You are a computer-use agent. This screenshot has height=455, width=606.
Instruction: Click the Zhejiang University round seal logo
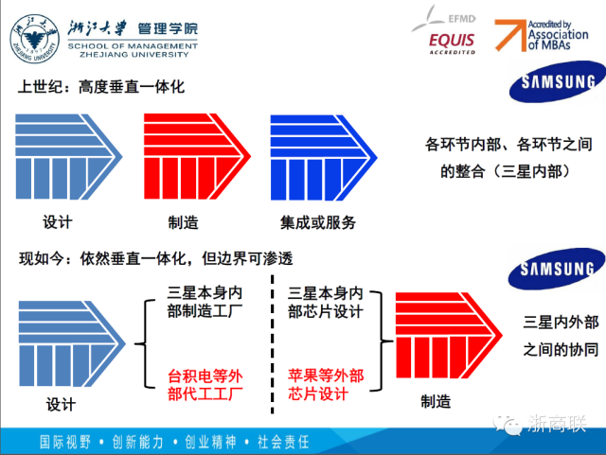35,39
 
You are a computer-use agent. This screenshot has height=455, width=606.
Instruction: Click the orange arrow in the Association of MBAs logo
510,35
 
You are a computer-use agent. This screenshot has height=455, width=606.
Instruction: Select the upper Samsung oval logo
558,81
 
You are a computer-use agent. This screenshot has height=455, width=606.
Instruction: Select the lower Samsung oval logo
557,269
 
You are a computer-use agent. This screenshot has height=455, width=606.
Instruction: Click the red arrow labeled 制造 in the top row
197,156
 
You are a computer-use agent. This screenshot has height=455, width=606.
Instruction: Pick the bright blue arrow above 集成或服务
324,158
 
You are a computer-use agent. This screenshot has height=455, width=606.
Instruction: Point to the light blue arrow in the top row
69,156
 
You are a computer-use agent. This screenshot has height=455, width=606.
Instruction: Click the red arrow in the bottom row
449,335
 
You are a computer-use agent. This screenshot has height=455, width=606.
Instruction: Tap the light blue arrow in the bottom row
72,343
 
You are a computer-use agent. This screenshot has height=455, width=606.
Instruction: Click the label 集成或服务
318,222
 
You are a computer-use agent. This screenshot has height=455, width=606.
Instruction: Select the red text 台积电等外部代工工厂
205,385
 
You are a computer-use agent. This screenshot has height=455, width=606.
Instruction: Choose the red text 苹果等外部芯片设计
326,385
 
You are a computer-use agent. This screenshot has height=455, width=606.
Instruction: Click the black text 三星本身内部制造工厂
205,302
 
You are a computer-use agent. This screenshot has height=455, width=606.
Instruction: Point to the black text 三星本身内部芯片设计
326,302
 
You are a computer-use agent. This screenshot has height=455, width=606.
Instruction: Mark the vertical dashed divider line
273,344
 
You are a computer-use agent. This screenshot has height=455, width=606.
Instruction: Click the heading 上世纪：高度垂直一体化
101,86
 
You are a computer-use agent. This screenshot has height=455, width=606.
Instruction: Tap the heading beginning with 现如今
156,258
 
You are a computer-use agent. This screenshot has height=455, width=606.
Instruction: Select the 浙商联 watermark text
557,424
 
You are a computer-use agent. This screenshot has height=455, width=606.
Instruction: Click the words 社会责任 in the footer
283,442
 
